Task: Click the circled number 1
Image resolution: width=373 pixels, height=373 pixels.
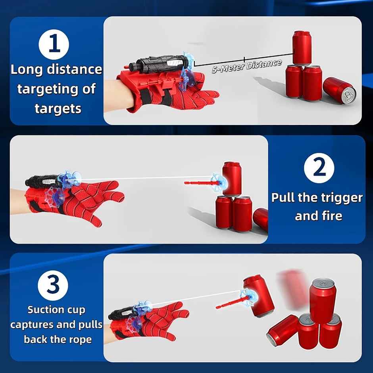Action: [x=54, y=44]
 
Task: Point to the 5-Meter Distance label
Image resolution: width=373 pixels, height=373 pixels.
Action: [x=247, y=66]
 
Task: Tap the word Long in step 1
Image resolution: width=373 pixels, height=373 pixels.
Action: [x=27, y=70]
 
